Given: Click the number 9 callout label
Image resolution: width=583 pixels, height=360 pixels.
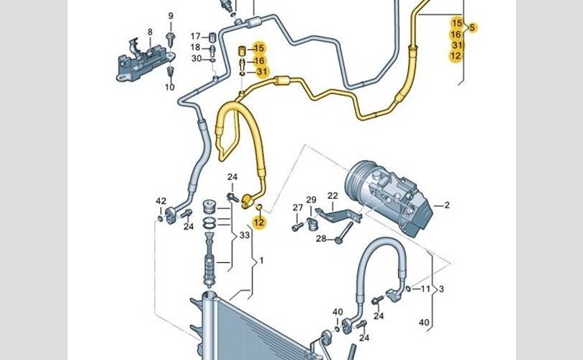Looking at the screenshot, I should coord(171,16).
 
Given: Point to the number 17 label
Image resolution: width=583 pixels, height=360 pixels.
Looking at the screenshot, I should coord(196,36).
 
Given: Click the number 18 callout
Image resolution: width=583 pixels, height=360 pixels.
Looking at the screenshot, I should coord(196,48).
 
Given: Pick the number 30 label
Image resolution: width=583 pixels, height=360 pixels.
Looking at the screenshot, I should coord(196,59).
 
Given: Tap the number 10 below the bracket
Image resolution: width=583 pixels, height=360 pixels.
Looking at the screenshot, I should coord(170,87).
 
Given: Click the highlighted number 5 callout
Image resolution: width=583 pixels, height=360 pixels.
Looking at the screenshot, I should coord(472,28).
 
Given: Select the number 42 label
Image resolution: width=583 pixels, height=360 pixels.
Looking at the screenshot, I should coord(161,201).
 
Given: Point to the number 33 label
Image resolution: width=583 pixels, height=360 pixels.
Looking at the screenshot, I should coord(244,235).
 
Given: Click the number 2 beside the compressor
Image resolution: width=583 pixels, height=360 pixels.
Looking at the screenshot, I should coord(446,205).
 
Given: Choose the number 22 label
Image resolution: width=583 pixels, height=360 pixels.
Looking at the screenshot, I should coord(333,196).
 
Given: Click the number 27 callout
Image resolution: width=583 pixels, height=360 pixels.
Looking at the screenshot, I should coord(297,208).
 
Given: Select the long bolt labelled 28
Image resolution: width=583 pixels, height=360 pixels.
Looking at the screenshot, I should coord(344,232).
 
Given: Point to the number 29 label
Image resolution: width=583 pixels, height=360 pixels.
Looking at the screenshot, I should coord(311,200).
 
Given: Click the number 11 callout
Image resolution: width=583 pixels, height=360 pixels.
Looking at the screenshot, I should coord(425,289).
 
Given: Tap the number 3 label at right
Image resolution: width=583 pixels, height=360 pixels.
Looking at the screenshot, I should coord(440,289).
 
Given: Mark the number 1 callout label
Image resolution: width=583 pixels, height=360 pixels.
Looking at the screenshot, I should coord(262,260).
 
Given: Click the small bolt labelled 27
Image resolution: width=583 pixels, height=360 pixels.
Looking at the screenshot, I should coord(297,227).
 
